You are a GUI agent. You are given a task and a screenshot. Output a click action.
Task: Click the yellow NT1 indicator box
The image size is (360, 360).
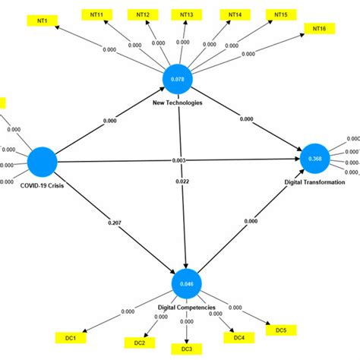pyautogui.click(x=42, y=22)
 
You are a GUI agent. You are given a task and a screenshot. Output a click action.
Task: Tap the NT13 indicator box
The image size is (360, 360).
pyautogui.click(x=185, y=14)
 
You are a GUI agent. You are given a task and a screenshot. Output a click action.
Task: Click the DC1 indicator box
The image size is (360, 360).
pyautogui.click(x=69, y=336)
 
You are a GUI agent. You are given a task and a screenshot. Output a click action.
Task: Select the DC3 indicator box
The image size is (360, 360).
pyautogui.click(x=185, y=348)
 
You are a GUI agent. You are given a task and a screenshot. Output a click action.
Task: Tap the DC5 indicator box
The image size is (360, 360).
pyautogui.click(x=280, y=330)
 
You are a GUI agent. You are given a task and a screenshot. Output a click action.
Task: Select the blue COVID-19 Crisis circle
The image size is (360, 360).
pyautogui.click(x=43, y=163)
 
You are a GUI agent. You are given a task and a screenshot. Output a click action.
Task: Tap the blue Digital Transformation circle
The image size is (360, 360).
pyautogui.click(x=315, y=158)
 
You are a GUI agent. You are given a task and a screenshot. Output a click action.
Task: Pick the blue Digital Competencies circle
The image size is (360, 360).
pyautogui.click(x=185, y=284)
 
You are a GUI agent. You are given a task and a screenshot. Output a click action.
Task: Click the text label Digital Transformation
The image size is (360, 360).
pyautogui.click(x=314, y=182)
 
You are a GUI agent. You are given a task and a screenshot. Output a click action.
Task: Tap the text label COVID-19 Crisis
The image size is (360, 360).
pyautogui.click(x=42, y=186)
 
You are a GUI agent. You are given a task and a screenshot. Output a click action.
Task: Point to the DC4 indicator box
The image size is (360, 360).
pyautogui.click(x=238, y=337)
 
